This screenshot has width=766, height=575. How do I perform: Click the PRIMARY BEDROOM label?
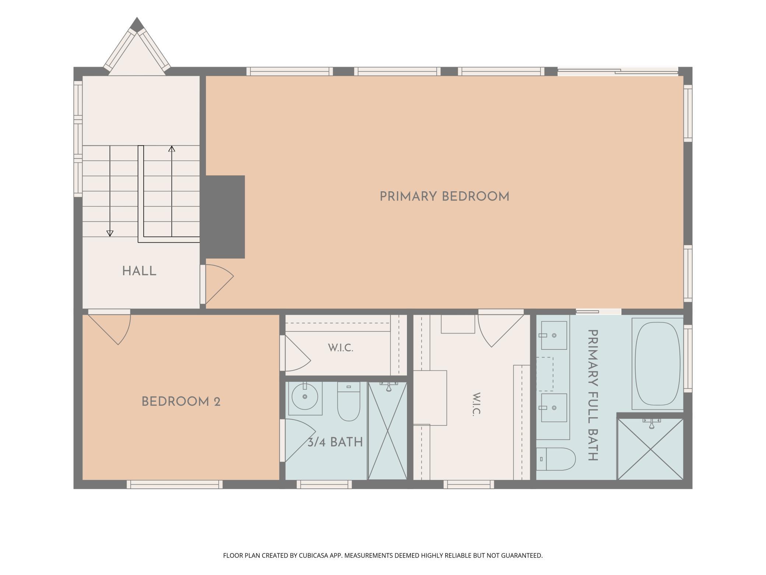[x=445, y=196]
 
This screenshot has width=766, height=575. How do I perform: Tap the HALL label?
[x=139, y=271]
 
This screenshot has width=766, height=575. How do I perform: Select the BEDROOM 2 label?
[x=181, y=401]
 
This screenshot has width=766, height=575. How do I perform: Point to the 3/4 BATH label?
[x=335, y=442]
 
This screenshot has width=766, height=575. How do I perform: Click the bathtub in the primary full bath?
[x=657, y=364]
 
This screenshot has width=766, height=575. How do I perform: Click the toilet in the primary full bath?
[x=556, y=459]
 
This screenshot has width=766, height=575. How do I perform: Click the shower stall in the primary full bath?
[x=650, y=449]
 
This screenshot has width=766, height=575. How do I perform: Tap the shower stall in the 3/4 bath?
[x=387, y=431]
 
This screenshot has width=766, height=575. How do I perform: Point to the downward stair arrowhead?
[x=110, y=233]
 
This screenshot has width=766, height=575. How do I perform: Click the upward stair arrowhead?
[x=172, y=149]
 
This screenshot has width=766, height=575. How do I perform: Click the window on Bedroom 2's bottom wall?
[x=175, y=484]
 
